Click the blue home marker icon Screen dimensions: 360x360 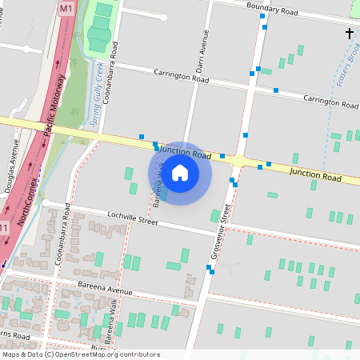pos(180,173)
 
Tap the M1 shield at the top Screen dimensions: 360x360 pos(66,6)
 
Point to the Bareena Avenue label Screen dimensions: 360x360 pos(106,291)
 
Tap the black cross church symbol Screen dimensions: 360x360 pos(349,33)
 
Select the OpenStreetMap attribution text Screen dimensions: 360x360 pos(81,354)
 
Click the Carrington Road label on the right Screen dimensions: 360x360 pos(330,102)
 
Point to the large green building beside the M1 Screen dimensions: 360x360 pos(100,32)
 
